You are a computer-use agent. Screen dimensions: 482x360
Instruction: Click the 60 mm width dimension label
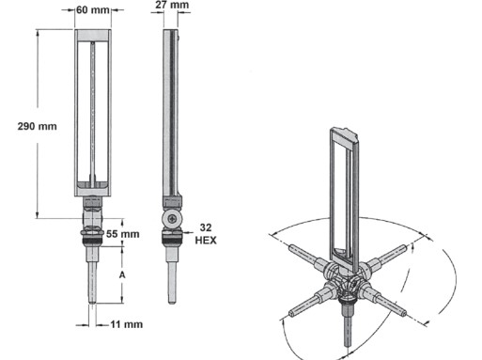tap(93, 10)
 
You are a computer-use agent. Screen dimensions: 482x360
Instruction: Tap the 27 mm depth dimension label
tap(172, 5)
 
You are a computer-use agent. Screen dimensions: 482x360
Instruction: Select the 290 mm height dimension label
tap(38, 126)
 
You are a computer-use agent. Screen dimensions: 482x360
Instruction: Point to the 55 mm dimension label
tap(123, 234)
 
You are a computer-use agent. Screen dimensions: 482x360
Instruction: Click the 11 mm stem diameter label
tap(127, 324)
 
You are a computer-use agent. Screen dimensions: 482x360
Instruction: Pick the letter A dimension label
tap(122, 275)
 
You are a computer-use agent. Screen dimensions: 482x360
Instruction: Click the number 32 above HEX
tap(206, 227)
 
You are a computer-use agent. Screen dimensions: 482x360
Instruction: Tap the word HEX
tap(206, 241)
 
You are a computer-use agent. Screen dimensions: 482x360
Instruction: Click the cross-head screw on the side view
tap(172, 219)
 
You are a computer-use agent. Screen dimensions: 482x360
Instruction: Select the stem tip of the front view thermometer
tap(92, 302)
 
